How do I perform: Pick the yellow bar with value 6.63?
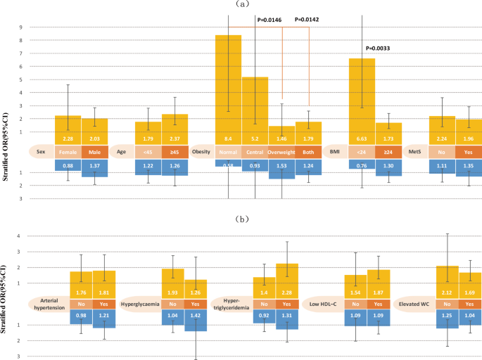pyautogui.click(x=362, y=98)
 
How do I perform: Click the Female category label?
pyautogui.click(x=68, y=151)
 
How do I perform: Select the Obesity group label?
pyautogui.click(x=202, y=151)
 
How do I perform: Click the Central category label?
pyautogui.click(x=255, y=151)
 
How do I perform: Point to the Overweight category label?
pyautogui.click(x=281, y=151)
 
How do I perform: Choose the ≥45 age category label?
pyautogui.click(x=175, y=151)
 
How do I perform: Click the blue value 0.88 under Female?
pyautogui.click(x=68, y=165)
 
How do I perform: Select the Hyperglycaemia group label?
pyautogui.click(x=141, y=304)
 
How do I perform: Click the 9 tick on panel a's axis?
pyautogui.click(x=20, y=27)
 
